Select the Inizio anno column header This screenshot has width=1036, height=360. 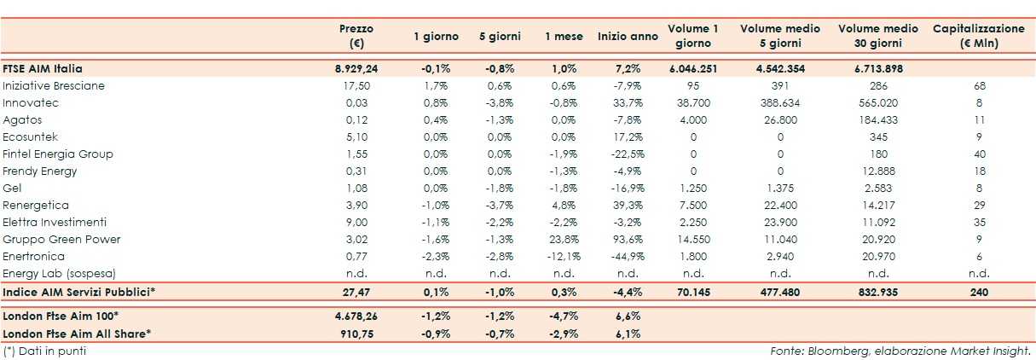click(x=628, y=37)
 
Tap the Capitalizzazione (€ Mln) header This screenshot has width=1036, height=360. click(x=978, y=36)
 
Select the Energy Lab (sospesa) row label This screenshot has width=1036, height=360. click(x=58, y=273)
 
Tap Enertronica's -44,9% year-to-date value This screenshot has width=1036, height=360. click(x=628, y=256)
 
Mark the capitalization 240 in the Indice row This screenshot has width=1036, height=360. click(x=978, y=292)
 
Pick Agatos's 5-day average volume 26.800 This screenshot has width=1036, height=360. click(x=780, y=120)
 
